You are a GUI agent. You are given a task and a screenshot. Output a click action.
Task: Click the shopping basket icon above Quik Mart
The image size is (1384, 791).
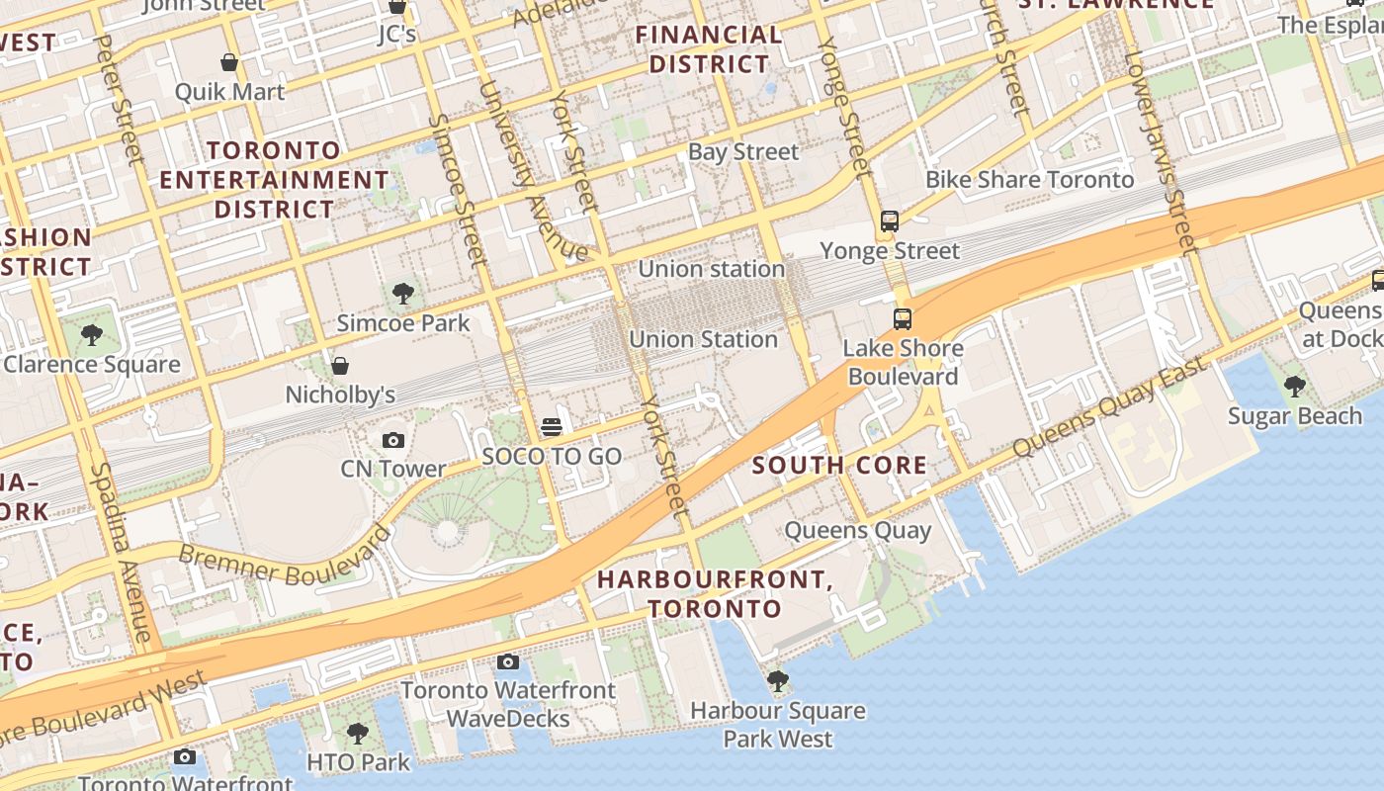tap(229, 63)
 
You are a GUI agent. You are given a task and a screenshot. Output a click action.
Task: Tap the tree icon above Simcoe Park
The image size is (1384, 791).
tap(402, 293)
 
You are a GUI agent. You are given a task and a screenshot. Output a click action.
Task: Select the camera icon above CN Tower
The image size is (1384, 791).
tap(392, 440)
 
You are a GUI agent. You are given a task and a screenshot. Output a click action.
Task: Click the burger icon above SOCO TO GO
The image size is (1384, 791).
tap(552, 427)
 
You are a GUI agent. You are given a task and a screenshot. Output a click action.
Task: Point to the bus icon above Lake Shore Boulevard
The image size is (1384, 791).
tap(902, 319)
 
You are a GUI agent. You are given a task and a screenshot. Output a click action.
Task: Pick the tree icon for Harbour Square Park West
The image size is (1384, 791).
tap(778, 681)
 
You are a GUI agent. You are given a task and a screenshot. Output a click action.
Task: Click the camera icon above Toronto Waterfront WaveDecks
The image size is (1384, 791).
tap(508, 661)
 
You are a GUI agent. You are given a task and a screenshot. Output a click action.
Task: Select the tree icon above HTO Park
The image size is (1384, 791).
tap(358, 734)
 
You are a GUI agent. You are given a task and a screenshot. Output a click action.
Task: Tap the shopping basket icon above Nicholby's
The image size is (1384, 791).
tap(340, 366)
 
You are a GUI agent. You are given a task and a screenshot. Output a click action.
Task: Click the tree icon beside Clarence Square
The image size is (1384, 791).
tap(92, 335)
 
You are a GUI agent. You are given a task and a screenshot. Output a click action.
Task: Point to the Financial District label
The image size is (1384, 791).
tap(709, 49)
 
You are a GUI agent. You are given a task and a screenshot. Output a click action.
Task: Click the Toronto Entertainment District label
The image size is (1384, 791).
tap(274, 180)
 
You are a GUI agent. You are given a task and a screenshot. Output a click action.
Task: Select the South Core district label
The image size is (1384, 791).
tap(840, 465)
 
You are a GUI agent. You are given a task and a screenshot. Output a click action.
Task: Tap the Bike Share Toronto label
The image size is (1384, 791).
tap(1029, 180)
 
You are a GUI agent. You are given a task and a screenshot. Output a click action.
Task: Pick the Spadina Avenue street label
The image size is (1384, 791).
tap(124, 554)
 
